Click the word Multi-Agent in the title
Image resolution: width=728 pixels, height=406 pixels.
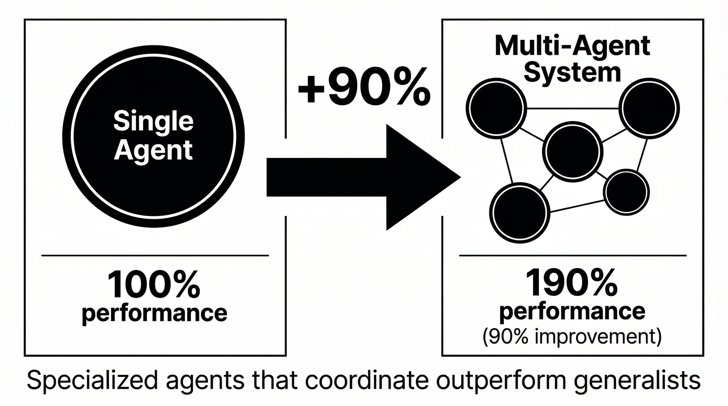tap(572, 47)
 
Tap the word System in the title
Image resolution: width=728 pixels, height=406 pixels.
tap(572, 73)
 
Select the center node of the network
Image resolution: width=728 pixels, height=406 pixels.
tap(572, 151)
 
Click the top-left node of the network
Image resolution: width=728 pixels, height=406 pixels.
tap(497, 108)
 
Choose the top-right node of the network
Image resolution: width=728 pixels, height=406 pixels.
tap(649, 108)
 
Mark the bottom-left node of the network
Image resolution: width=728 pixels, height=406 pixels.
tap(520, 212)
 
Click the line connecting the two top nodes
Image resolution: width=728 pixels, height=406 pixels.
tap(572, 108)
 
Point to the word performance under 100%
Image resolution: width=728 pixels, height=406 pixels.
tap(154, 313)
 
